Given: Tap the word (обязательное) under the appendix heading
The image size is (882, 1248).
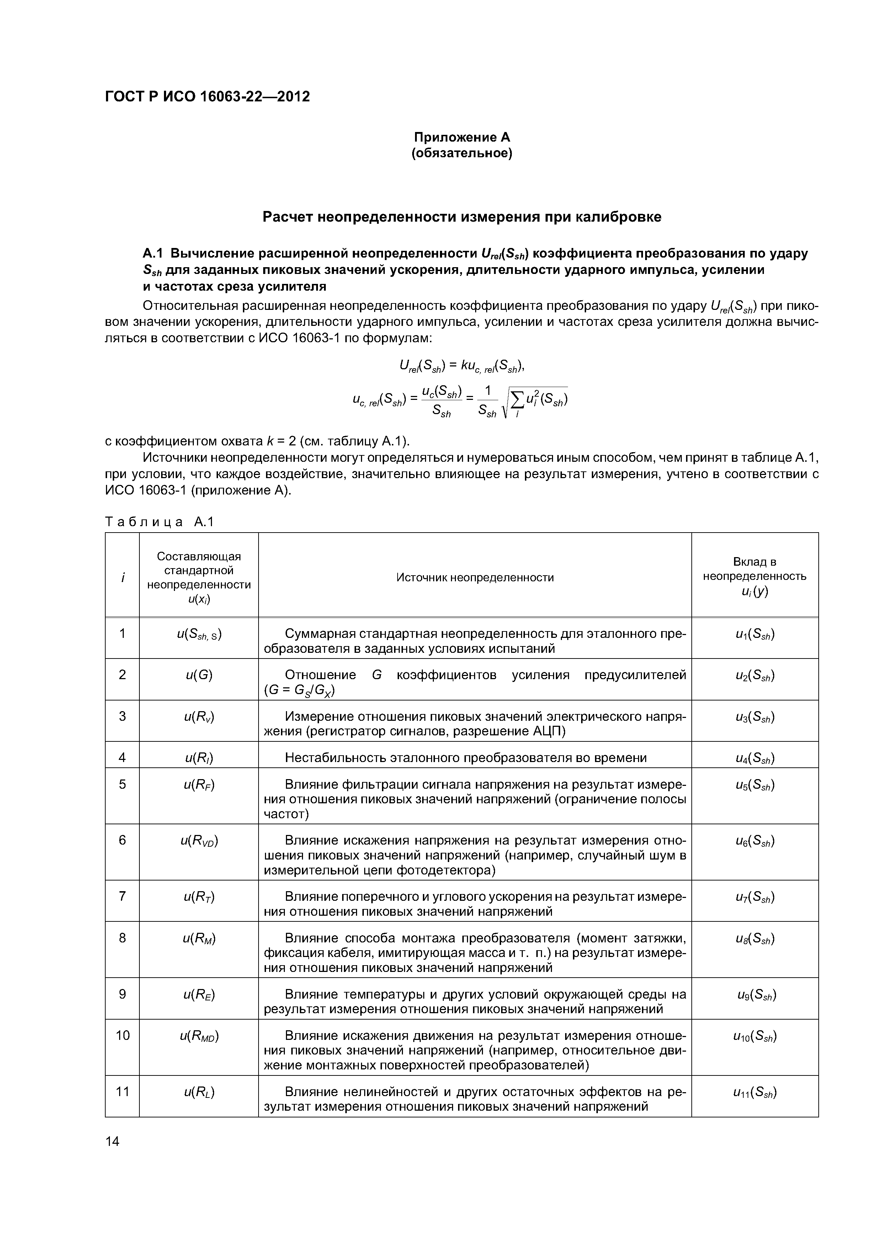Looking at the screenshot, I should [x=461, y=154].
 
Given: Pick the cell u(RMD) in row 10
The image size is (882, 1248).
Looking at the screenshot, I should [x=199, y=1036].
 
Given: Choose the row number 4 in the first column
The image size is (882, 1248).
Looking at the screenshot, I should [x=122, y=757].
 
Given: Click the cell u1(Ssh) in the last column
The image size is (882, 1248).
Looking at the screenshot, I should [x=754, y=634].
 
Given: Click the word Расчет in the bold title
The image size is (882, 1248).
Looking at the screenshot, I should [x=287, y=217].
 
